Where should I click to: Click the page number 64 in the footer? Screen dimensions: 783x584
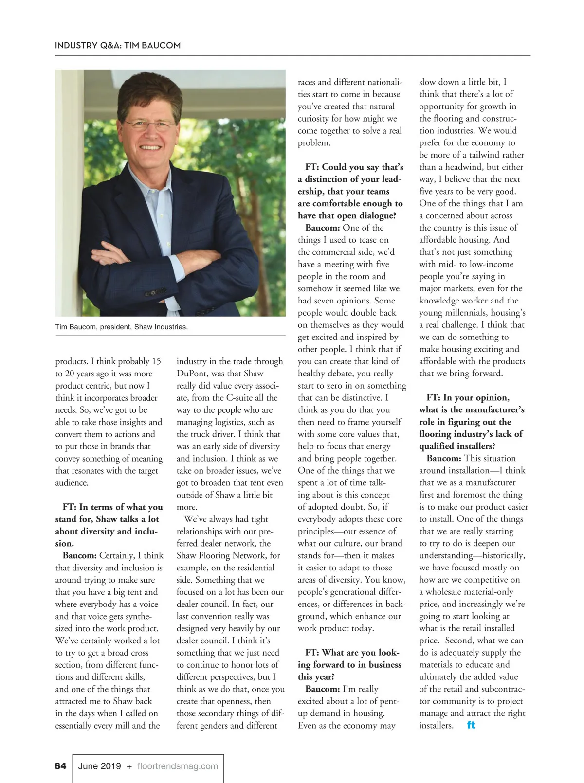coord(60,766)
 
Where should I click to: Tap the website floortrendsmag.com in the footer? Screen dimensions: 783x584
coord(178,766)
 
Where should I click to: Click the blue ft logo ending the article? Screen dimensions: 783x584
coord(471,725)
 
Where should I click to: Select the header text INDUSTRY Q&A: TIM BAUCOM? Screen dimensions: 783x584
coord(118,45)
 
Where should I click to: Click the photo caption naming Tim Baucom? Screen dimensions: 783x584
coord(121,327)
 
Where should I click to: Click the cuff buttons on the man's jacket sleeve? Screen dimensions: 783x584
coord(155,292)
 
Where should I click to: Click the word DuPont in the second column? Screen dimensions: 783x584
coord(192,374)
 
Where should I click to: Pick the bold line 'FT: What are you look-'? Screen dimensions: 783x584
coord(352,652)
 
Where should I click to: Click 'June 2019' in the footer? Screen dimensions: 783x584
coord(100,766)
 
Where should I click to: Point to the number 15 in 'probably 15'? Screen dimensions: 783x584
coord(156,361)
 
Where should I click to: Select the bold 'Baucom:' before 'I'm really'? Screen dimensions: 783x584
coord(323,689)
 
